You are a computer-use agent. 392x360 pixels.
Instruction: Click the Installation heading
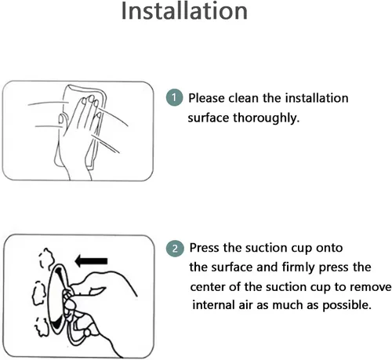tap(184, 11)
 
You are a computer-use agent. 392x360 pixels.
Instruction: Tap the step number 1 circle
tap(174, 98)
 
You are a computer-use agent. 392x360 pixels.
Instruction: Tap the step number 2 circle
tap(175, 249)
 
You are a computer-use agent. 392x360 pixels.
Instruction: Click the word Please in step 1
tap(206, 99)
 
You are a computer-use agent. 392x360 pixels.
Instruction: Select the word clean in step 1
tap(244, 98)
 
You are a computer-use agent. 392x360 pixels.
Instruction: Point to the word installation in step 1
tap(317, 98)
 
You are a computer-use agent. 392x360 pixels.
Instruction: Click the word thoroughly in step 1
tap(266, 118)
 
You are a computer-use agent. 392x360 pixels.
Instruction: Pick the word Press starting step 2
tap(205, 248)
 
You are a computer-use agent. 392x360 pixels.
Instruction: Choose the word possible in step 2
tap(347, 306)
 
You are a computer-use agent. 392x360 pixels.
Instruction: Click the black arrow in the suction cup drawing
tap(91, 261)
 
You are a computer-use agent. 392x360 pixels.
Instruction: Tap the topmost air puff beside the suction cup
tap(47, 259)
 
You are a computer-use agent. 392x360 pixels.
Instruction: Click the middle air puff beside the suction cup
tap(38, 293)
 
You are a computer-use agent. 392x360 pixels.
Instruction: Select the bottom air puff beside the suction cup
tap(42, 326)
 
